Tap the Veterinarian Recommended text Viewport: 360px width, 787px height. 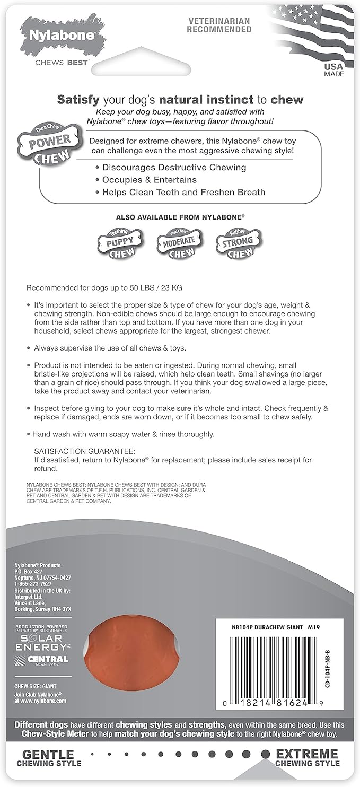click(219, 25)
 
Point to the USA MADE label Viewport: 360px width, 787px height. click(333, 70)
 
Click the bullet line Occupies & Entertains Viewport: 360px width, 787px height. click(149, 180)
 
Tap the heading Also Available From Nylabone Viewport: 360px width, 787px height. click(180, 217)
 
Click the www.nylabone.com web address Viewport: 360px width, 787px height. click(40, 701)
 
